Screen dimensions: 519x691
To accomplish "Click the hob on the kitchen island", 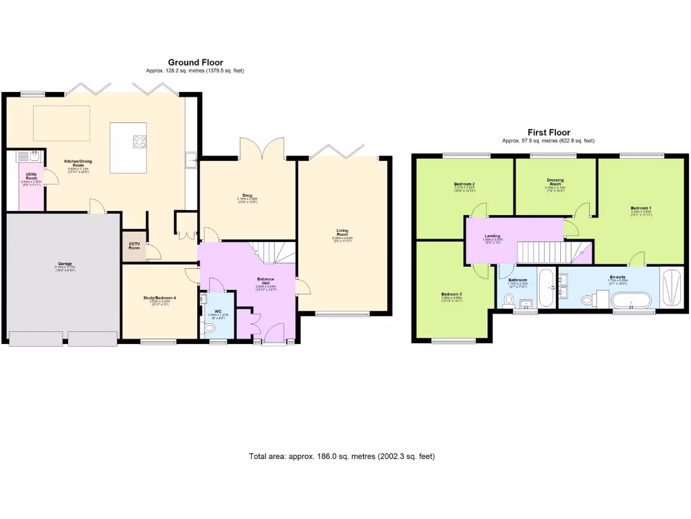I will (140, 141).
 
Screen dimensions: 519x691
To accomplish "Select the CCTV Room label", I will (134, 247).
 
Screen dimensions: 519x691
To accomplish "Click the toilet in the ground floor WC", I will (209, 328).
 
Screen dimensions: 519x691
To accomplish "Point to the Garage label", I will (65, 264).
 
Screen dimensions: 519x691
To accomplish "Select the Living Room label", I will (343, 233).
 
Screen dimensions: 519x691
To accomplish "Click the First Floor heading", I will (548, 132).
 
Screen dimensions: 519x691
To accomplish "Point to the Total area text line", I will (341, 456).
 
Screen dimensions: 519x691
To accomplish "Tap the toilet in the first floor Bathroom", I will (509, 298).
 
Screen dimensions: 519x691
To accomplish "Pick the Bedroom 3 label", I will (451, 295).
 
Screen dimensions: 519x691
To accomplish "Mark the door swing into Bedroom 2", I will (477, 210).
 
